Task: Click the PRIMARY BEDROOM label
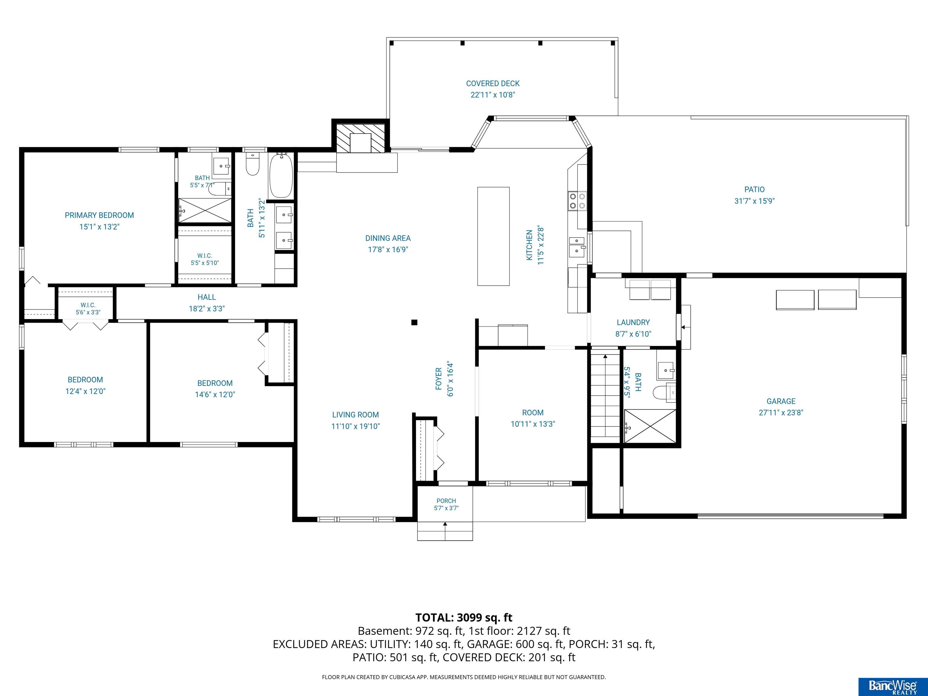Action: click(99, 215)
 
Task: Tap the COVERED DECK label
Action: click(493, 83)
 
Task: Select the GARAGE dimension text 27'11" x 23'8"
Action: click(781, 412)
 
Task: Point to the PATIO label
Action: click(754, 190)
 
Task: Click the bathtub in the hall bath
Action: click(281, 176)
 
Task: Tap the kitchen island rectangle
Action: click(493, 236)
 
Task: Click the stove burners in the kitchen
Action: click(577, 201)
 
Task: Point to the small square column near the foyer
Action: click(414, 322)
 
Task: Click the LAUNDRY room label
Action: click(633, 323)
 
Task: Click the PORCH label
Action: click(446, 501)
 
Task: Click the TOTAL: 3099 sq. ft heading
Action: click(464, 617)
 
